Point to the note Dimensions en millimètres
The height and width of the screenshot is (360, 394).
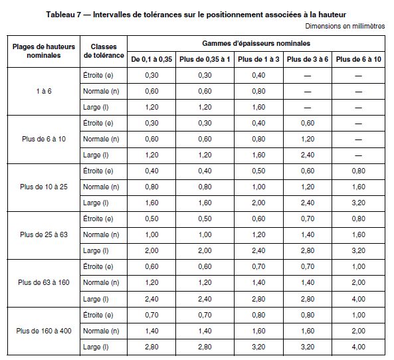tap(345, 26)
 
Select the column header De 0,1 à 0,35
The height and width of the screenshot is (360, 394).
tap(151, 60)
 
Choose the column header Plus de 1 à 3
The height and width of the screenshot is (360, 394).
tap(258, 60)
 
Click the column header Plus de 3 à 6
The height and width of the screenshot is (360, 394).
tap(307, 60)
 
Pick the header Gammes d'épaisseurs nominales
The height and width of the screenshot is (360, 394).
tap(256, 43)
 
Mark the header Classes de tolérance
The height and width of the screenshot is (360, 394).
tap(104, 52)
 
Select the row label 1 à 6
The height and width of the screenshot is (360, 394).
tap(44, 91)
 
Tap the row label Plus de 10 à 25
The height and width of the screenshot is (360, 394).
tap(44, 187)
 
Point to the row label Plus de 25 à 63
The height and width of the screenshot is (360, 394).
tap(44, 234)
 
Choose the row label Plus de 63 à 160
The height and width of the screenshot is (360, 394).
tap(44, 282)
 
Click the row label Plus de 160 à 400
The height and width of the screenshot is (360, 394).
tap(44, 330)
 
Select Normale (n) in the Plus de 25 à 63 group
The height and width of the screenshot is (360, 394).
tap(101, 234)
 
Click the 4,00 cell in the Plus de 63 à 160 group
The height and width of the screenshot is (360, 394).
tap(358, 298)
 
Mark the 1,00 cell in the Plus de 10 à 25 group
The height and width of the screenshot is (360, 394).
tap(258, 187)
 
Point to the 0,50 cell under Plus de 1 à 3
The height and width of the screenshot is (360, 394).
tap(258, 171)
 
